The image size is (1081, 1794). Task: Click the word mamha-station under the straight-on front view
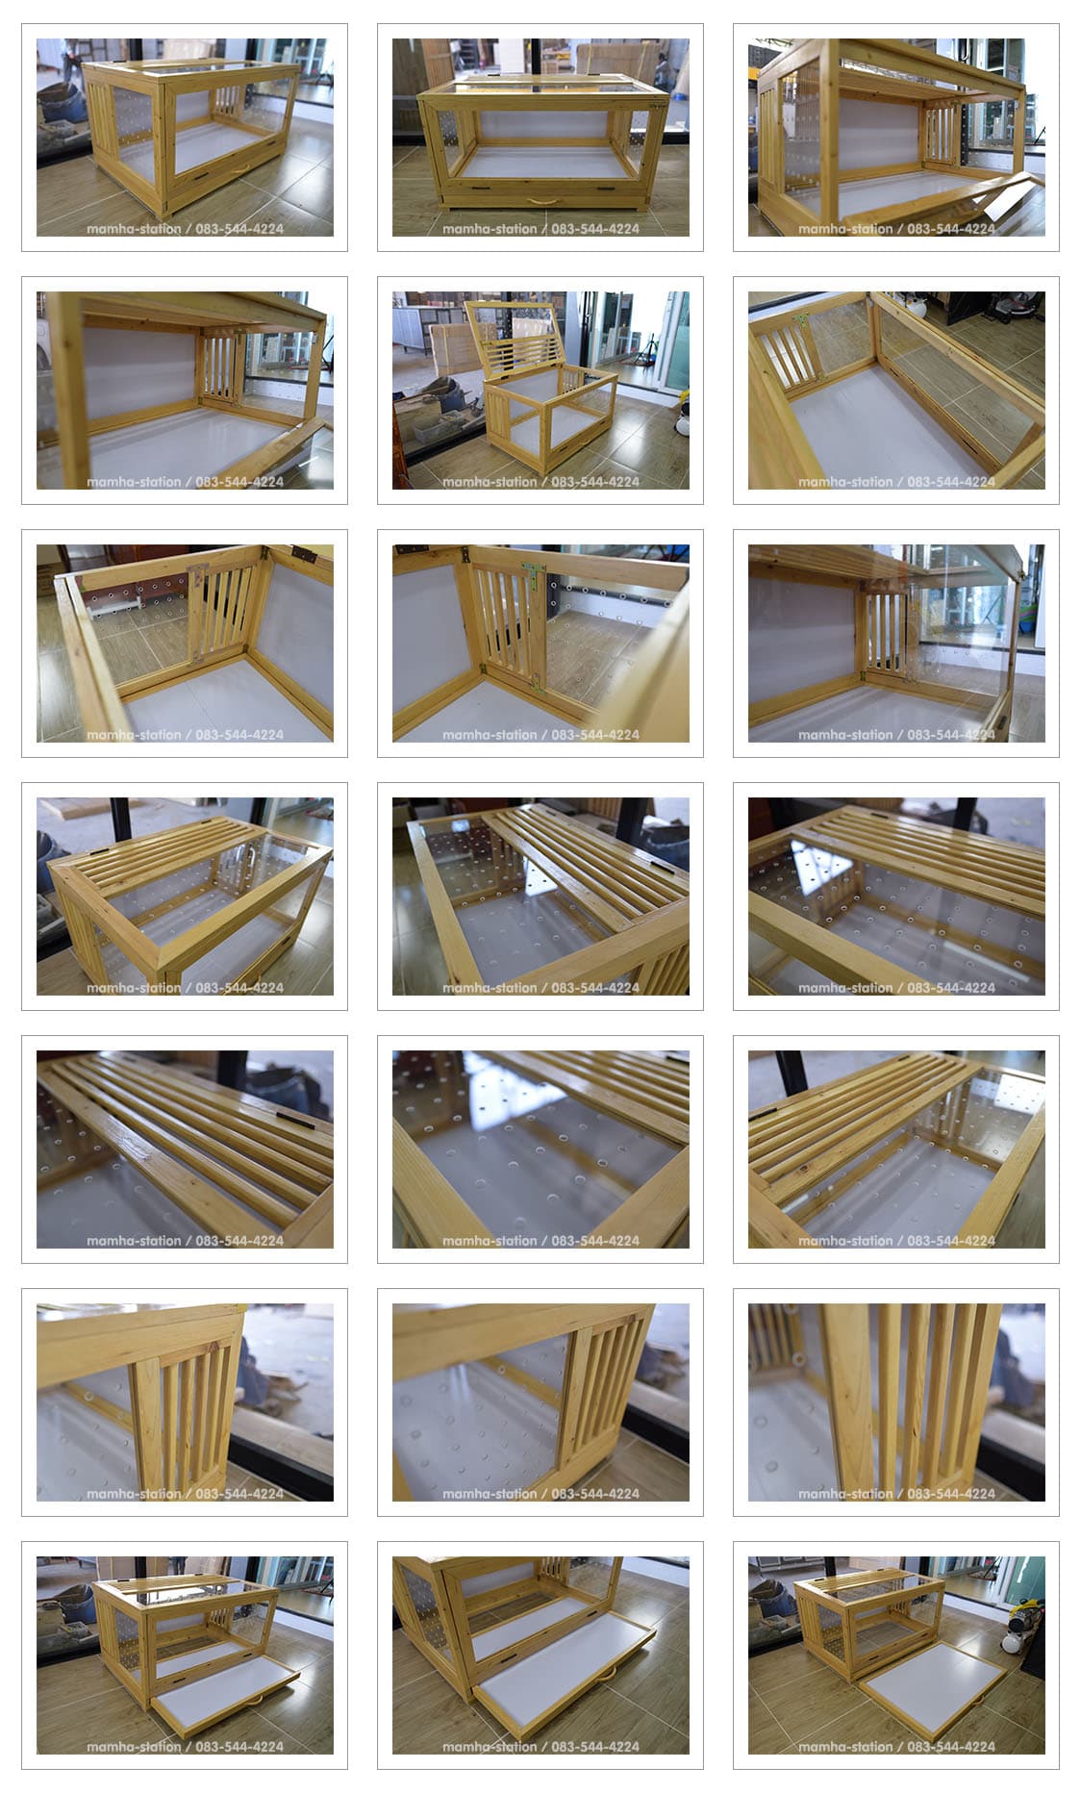490,229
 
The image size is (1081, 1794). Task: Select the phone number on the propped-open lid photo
595,482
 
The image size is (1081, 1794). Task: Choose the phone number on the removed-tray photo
951,1747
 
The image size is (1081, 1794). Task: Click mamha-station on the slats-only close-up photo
845,1494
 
